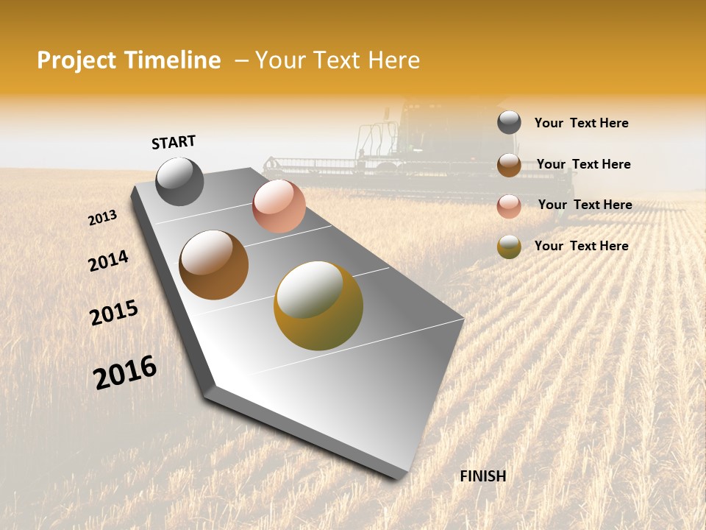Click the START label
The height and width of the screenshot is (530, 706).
pos(174,142)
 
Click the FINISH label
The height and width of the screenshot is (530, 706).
pos(482,476)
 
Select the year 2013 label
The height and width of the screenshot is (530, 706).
pos(102,218)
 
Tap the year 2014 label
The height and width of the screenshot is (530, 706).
pos(108,261)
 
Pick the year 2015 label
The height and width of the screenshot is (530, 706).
pos(114,313)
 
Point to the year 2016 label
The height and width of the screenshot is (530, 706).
pos(125,372)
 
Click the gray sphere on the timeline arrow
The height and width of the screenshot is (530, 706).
pos(179,182)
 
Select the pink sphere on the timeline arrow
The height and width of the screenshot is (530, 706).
pos(279,206)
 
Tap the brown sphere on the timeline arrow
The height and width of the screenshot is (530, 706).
pos(213,265)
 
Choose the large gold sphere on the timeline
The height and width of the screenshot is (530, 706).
pos(318,305)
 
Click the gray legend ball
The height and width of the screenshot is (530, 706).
pos(509,123)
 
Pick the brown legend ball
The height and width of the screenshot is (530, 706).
pos(509,165)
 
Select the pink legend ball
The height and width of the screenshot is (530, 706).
pos(509,206)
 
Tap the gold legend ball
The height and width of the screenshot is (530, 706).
pos(509,247)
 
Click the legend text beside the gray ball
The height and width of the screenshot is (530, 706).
pos(581,123)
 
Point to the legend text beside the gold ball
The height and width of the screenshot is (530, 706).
pos(581,246)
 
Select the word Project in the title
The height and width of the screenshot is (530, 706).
pos(76,60)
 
